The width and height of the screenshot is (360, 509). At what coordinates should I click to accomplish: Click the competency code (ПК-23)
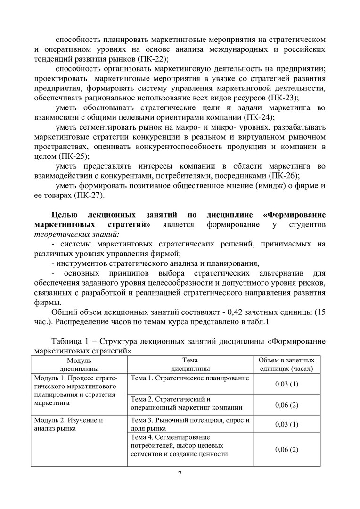pyautogui.click(x=282, y=98)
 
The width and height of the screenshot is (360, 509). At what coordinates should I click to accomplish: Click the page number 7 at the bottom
pyautogui.click(x=180, y=474)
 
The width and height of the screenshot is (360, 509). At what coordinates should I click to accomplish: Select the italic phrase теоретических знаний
pyautogui.click(x=77, y=234)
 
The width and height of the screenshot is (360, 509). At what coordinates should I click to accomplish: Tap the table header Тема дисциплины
pyautogui.click(x=190, y=364)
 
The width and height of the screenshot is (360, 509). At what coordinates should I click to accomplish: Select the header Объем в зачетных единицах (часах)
pyautogui.click(x=286, y=364)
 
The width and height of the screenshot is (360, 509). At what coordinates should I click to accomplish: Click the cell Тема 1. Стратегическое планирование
pyautogui.click(x=190, y=378)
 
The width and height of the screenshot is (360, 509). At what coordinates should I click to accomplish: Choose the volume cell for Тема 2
pyautogui.click(x=286, y=405)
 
